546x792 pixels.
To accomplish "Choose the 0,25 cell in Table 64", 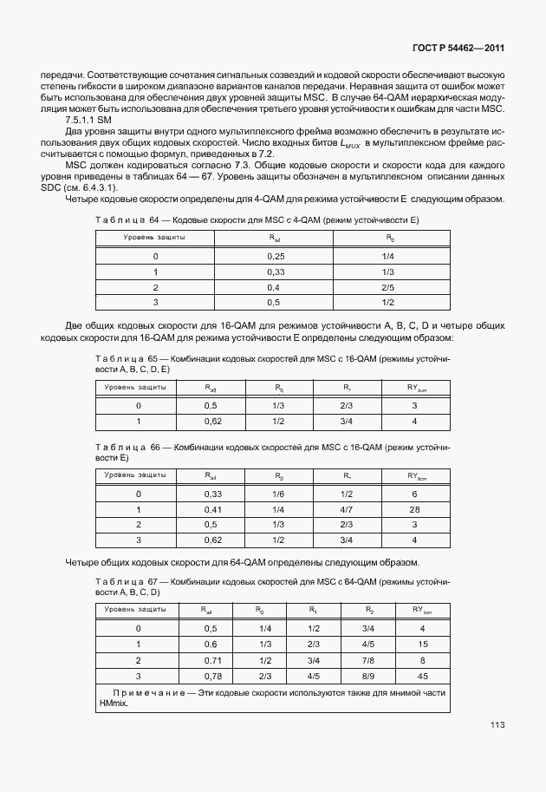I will click(x=276, y=256).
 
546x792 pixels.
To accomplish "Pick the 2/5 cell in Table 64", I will click(x=387, y=287).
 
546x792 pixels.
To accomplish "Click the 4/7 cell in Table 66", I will click(x=347, y=509).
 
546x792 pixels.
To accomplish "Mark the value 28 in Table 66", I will click(x=415, y=509).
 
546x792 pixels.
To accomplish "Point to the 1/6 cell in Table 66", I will click(x=278, y=494).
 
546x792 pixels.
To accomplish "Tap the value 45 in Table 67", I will click(x=422, y=676).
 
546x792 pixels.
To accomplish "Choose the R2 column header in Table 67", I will click(x=369, y=611).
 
